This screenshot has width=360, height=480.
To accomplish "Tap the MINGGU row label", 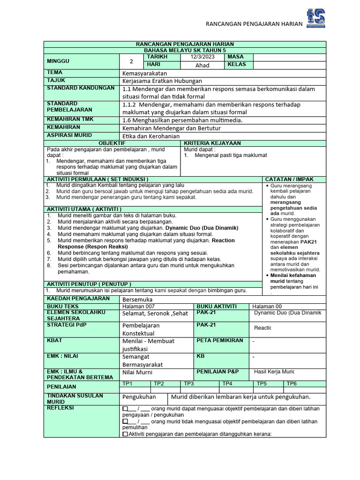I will coord(58,61).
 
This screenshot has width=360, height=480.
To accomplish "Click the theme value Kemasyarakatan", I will coord(145,73).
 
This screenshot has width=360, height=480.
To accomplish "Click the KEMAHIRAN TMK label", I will coord(70,120).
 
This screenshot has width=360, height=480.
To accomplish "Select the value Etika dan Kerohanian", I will coord(151,136).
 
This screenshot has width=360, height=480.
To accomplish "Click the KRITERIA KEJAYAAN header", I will coord(212,143).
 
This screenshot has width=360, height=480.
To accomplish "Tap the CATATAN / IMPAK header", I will coord(289,179).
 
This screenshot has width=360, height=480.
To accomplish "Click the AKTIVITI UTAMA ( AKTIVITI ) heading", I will coord(84,209).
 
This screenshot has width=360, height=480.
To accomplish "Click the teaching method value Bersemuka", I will coord(137,300).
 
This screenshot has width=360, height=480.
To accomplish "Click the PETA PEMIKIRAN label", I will coord(220,340).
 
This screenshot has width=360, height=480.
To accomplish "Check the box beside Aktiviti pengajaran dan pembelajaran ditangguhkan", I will coord(125,434).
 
